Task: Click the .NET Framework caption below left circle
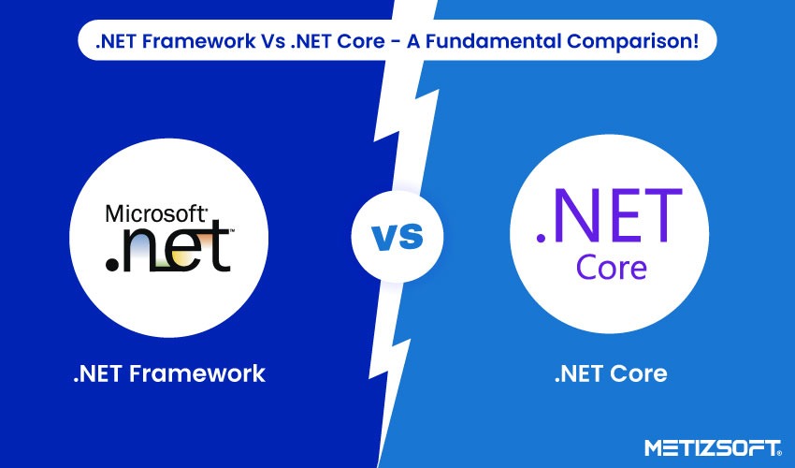[169, 374]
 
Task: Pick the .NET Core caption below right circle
[611, 374]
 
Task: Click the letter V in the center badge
[384, 239]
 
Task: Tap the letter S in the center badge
[410, 239]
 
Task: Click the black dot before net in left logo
[112, 265]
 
